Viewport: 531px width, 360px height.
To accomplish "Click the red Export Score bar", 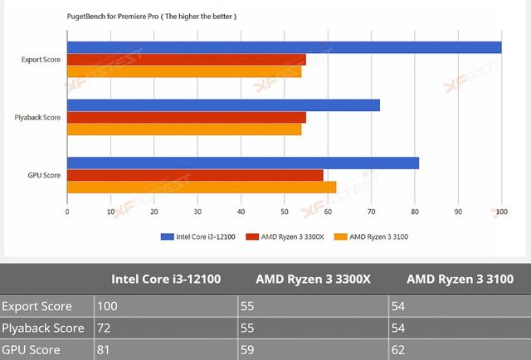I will coord(186,60).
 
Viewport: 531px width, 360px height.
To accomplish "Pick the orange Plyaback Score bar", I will coord(183,129).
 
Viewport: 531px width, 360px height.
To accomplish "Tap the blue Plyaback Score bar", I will coord(223,105).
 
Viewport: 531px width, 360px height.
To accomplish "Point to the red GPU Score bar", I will coord(195,175).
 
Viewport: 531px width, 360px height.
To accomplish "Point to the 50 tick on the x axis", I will coord(284,212).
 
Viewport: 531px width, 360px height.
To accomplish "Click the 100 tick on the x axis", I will coord(500,212).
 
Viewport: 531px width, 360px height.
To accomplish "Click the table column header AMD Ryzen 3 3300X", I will coord(313,279).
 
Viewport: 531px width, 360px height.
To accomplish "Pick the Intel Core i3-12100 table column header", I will coord(166,279).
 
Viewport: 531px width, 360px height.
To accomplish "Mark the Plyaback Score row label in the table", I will coord(43,328).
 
